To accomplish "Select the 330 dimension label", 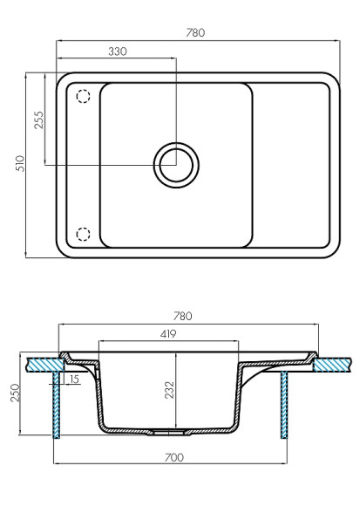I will point(116,51).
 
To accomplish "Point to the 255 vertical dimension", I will point(39,120).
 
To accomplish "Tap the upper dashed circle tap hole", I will point(84,96).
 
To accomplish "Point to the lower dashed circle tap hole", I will point(84,233).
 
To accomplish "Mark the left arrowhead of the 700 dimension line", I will point(57,463).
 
